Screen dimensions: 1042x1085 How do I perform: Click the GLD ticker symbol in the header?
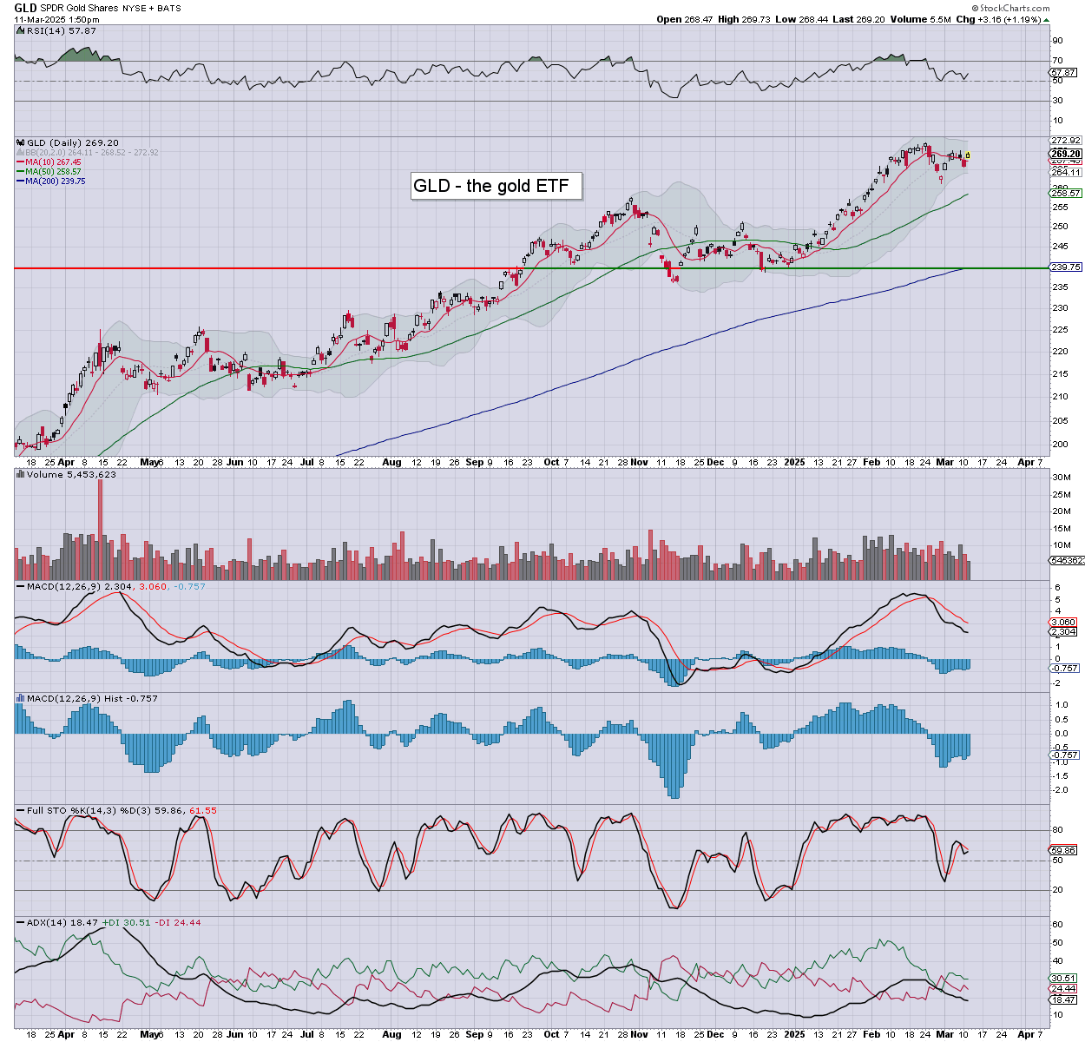tap(25, 8)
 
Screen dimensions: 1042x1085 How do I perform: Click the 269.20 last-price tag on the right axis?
tap(1066, 154)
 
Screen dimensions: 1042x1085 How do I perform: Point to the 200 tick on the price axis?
tap(1059, 444)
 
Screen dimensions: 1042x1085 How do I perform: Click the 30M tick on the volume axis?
tap(1061, 478)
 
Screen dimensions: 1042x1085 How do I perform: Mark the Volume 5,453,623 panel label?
tap(71, 475)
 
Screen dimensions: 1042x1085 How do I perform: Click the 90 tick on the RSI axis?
tap(1057, 40)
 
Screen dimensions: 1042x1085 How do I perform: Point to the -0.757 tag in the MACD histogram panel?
tap(1065, 755)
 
